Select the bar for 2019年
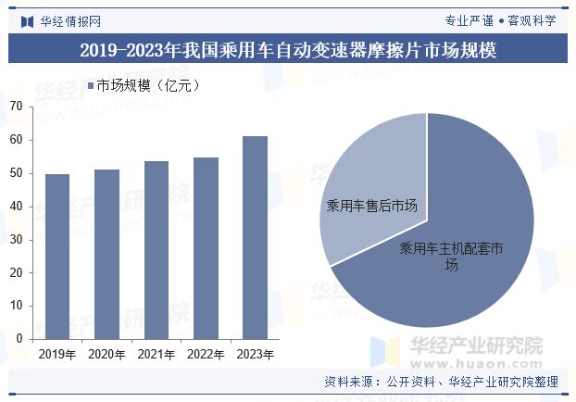pos(57,257)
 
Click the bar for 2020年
pos(106,254)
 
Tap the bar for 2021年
pos(157,250)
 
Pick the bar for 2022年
pos(206,248)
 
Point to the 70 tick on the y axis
pos(16,107)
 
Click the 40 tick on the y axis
pos(16,207)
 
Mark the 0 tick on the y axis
pos(19,339)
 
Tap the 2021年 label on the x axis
pos(157,354)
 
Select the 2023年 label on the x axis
pos(255,354)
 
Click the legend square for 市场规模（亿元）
pos(90,86)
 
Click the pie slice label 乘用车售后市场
pos(371,207)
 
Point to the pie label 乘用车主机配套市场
pos(451,256)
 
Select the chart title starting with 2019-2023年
pos(288,50)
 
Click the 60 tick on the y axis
pos(16,140)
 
